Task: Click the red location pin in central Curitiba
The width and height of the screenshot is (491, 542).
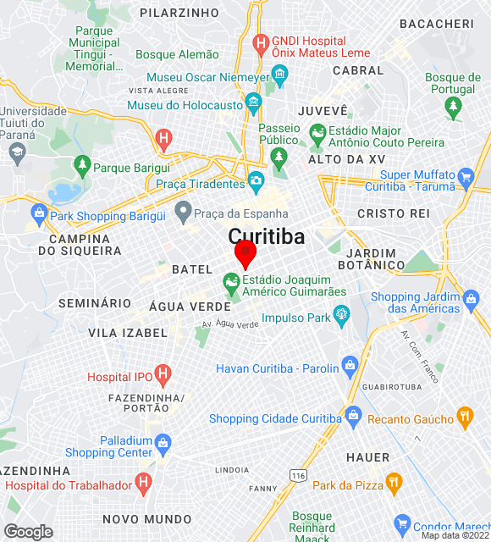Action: click(245, 253)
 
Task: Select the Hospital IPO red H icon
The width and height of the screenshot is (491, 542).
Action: click(163, 373)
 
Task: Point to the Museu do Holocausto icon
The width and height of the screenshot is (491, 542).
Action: click(253, 105)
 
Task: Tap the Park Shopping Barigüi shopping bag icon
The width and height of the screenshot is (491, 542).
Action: click(38, 212)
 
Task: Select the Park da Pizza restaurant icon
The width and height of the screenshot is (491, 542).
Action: click(393, 483)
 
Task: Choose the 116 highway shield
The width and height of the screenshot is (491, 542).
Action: click(297, 477)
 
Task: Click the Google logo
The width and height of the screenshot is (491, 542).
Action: click(28, 532)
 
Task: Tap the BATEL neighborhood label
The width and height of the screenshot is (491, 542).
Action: click(192, 269)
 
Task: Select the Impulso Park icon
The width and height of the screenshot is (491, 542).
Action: click(342, 317)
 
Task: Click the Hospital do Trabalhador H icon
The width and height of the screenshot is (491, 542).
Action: click(144, 483)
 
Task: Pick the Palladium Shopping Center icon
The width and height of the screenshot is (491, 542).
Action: click(163, 442)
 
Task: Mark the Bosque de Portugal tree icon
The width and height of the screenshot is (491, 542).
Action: click(454, 106)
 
